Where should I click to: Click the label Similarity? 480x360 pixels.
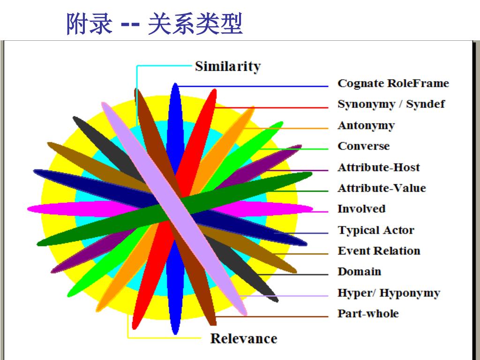click(227, 67)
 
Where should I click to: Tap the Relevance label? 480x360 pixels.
click(243, 338)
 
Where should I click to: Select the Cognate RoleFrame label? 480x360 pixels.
click(393, 83)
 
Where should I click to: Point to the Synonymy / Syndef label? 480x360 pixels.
click(391, 104)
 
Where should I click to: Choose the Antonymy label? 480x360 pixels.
click(366, 126)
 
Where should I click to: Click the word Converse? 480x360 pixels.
click(363, 146)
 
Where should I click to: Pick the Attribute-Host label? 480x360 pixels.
click(378, 167)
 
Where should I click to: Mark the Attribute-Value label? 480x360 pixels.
click(382, 188)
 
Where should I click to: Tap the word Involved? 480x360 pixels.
click(361, 209)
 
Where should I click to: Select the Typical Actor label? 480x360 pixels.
click(376, 230)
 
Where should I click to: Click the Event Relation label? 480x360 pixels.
click(379, 251)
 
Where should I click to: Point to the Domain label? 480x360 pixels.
click(359, 272)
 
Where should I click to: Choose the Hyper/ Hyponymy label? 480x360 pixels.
click(389, 293)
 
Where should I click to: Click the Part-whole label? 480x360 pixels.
click(368, 314)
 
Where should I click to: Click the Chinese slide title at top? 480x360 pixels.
click(155, 24)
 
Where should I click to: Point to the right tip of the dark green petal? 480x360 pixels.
click(310, 175)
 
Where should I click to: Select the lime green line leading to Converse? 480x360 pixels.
click(300, 149)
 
